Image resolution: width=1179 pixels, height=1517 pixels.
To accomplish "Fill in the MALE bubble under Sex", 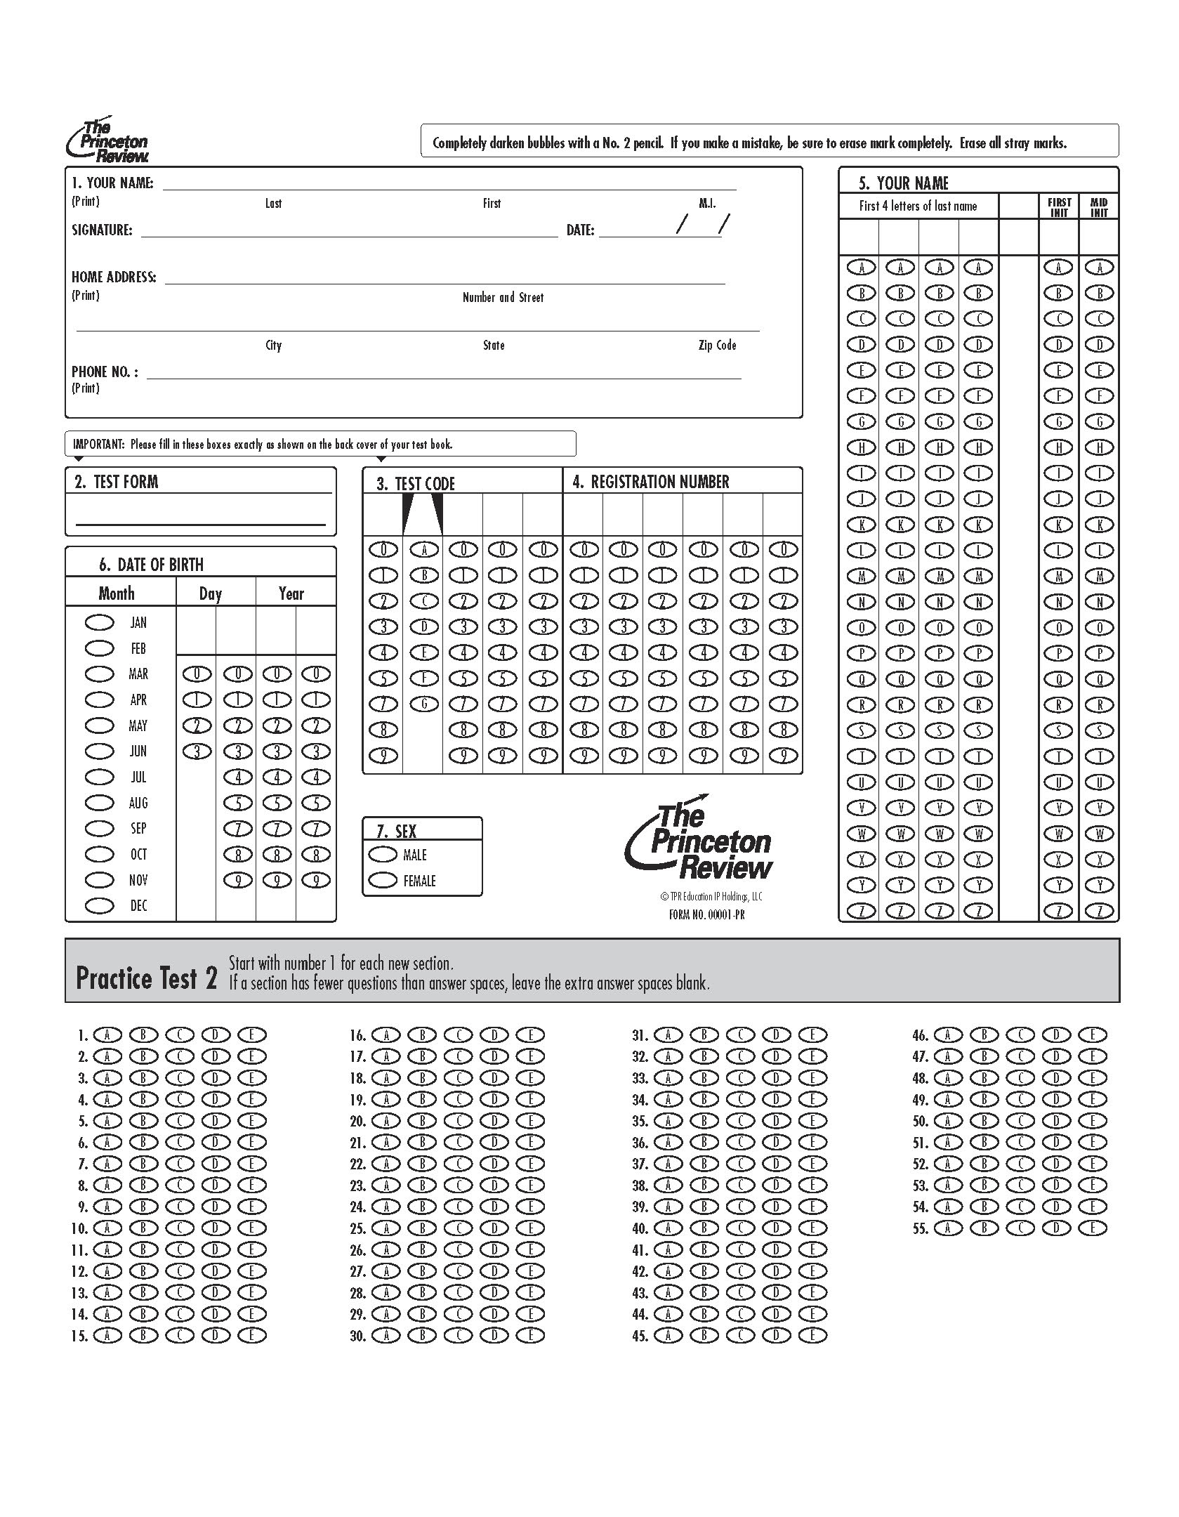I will (x=383, y=855).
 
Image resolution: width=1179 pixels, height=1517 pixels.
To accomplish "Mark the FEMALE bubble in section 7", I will (x=383, y=881).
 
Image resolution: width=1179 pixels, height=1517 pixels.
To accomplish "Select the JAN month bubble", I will (x=99, y=622).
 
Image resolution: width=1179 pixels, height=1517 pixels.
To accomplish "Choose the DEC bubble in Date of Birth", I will (x=99, y=906).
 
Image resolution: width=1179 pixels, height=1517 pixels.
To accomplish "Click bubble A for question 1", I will (x=107, y=1035).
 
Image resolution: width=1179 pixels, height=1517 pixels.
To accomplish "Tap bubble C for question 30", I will (x=459, y=1336).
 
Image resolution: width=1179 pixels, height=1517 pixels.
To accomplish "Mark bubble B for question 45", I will (x=704, y=1336).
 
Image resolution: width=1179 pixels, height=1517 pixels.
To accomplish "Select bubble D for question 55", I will (x=1057, y=1228).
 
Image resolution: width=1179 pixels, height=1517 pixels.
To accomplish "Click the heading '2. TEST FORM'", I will (x=117, y=482).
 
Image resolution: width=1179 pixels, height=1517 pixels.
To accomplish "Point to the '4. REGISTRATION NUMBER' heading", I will (x=651, y=482).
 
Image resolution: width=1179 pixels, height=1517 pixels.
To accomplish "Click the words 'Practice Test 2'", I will (x=146, y=978).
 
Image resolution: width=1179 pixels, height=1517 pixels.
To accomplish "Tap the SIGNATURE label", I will (x=102, y=230).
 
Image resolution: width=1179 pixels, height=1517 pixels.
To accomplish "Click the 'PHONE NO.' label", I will (x=105, y=372).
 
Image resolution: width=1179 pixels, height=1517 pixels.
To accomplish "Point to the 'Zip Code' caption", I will (x=717, y=345).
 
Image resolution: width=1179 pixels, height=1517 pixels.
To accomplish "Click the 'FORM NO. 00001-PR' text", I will (x=707, y=914).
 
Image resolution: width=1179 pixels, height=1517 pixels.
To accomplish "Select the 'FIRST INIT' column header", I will (x=1059, y=207).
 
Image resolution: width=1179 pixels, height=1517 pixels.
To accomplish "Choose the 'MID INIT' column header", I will (x=1099, y=207).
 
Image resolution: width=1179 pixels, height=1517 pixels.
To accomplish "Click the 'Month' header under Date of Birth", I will (x=117, y=593).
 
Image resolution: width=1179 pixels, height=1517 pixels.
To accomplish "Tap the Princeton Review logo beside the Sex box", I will (x=699, y=839).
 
